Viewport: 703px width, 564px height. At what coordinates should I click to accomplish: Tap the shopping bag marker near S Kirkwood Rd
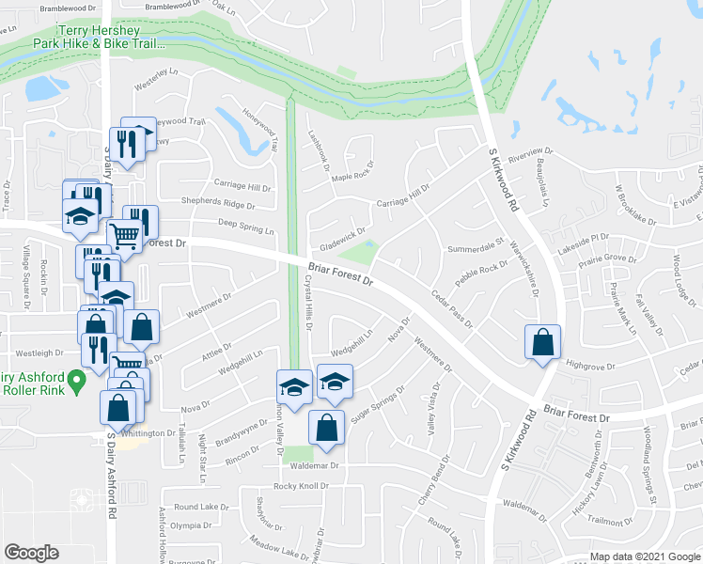[543, 344]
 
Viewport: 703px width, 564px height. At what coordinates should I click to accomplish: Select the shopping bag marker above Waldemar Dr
[325, 427]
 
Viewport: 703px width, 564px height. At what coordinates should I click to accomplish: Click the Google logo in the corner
[31, 553]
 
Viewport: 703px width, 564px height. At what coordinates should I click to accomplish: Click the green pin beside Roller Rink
[79, 380]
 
